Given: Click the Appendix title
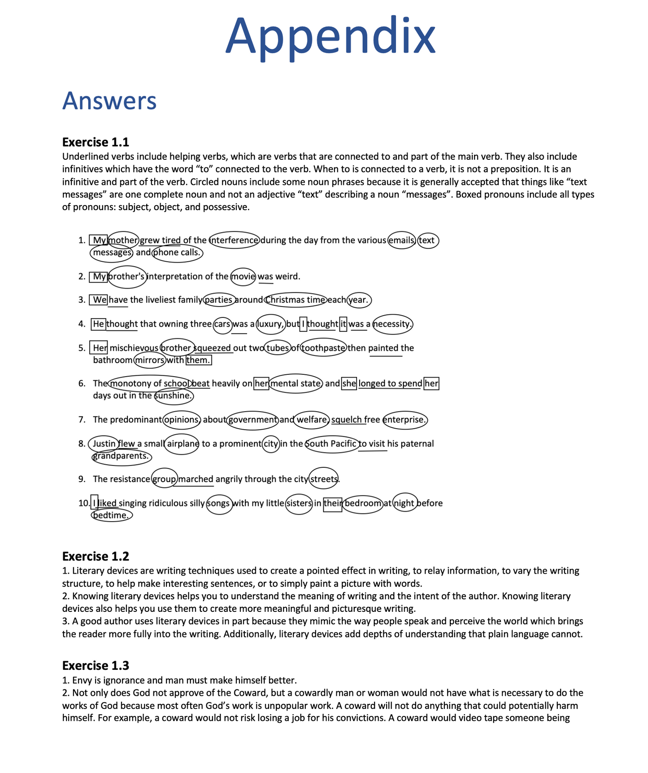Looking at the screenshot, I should tap(330, 36).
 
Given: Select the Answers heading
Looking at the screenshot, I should tap(109, 101).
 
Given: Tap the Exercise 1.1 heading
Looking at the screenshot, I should tap(96, 142).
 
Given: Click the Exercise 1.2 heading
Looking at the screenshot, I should tap(96, 557).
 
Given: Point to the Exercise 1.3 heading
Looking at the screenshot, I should tap(96, 666).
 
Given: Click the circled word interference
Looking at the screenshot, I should tap(235, 240).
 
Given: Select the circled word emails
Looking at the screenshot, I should tap(401, 240).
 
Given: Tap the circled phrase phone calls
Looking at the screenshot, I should tap(177, 253).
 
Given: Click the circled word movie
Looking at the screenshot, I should tap(243, 277).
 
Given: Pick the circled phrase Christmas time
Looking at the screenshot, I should tap(296, 300).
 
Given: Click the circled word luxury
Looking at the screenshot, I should tap(270, 324).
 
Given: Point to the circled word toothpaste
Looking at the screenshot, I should tap(323, 348).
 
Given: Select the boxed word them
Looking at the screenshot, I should tap(198, 360).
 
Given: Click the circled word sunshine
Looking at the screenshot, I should tap(174, 396).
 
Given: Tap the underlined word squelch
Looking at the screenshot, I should tap(347, 420).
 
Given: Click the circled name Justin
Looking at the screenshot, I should tap(104, 444).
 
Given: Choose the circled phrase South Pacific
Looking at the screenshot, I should tap(332, 444).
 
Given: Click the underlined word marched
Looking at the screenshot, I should tap(196, 479).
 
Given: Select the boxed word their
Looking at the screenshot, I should tap(333, 503).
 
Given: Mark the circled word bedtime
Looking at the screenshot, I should tap(112, 515).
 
